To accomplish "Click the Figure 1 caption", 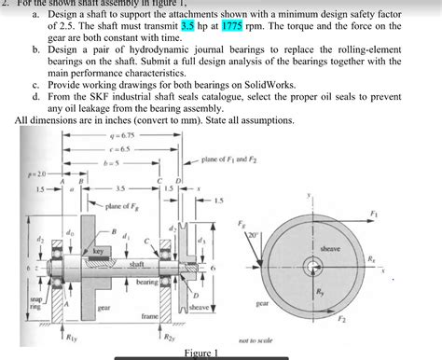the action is pos(203,353).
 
